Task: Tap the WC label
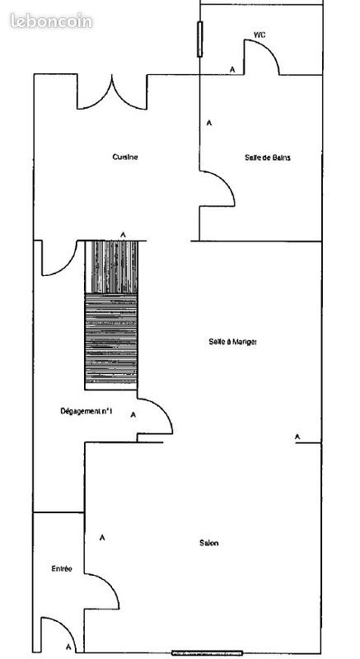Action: pyautogui.click(x=259, y=35)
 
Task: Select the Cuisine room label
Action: pyautogui.click(x=125, y=157)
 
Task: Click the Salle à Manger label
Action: pyautogui.click(x=233, y=343)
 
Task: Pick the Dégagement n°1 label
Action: pyautogui.click(x=86, y=410)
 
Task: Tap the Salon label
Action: pyautogui.click(x=208, y=542)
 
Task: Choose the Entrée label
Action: pyautogui.click(x=62, y=568)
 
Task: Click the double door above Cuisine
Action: pyautogui.click(x=112, y=93)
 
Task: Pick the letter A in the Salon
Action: pyautogui.click(x=102, y=537)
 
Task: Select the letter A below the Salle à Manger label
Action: pyautogui.click(x=297, y=436)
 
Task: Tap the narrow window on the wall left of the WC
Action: pyautogui.click(x=200, y=39)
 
